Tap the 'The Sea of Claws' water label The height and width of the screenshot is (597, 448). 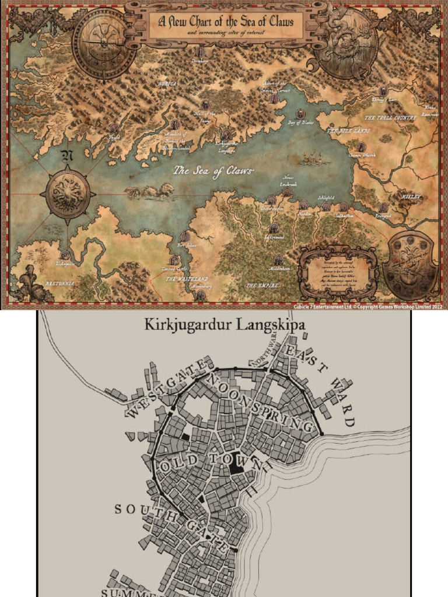tap(213, 171)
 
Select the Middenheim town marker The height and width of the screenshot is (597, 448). tap(279, 260)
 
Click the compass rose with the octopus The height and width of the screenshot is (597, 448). tap(68, 192)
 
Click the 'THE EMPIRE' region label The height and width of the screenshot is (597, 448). tap(262, 286)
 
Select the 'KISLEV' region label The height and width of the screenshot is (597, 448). tap(411, 197)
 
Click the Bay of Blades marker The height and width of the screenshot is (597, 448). tap(300, 115)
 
